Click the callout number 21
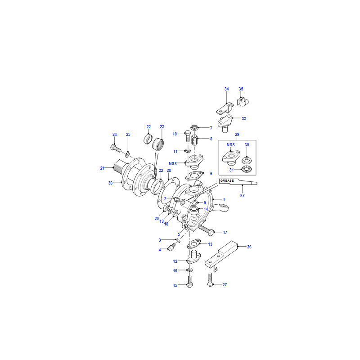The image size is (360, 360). click(x=102, y=168)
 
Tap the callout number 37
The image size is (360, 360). click(x=243, y=196)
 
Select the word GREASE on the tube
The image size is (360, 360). click(x=227, y=181)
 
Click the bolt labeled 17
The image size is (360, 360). click(x=206, y=230)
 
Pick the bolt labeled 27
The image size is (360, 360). click(x=210, y=280)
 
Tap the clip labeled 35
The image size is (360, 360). click(x=243, y=102)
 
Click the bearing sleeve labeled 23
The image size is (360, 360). click(x=158, y=144)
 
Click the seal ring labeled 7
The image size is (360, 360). click(x=194, y=127)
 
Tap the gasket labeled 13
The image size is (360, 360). click(x=194, y=243)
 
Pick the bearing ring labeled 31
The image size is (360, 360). click(x=247, y=170)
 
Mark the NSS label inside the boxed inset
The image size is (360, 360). click(x=231, y=145)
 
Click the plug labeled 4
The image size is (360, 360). click(x=171, y=247)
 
